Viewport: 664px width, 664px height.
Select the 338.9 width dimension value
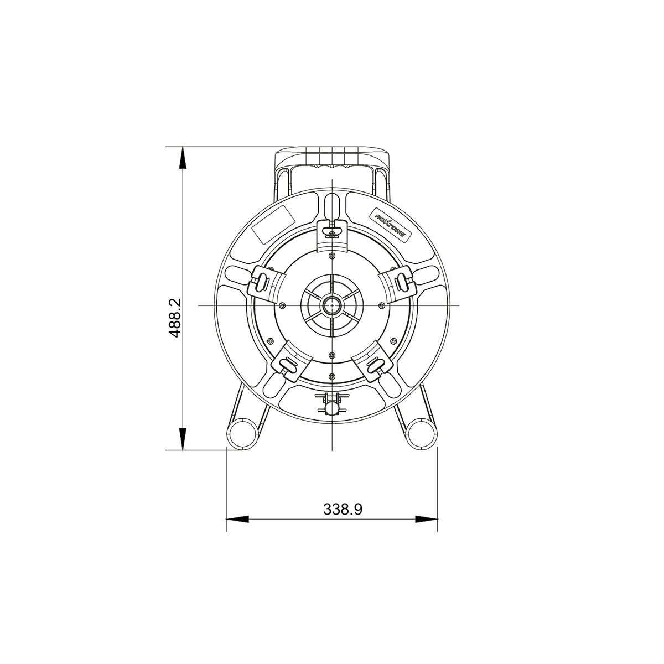coord(343,510)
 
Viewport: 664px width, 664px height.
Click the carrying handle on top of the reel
coord(332,157)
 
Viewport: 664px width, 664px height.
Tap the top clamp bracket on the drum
coord(331,231)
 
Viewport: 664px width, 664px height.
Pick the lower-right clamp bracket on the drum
coord(374,362)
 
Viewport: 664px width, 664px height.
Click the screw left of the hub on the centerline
coord(283,305)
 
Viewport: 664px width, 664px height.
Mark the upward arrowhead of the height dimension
coord(183,158)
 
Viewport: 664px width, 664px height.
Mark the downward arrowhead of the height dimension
coord(183,439)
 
